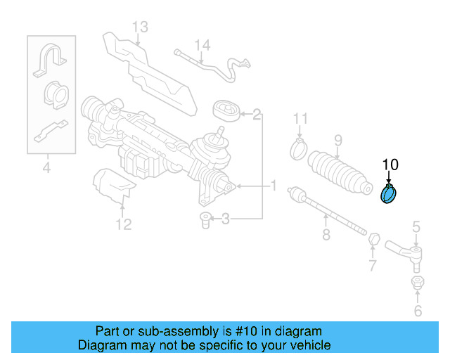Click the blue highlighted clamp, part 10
(x=389, y=193)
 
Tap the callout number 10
(x=390, y=165)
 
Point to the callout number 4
(x=46, y=167)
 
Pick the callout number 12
(x=123, y=225)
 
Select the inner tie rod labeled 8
(x=328, y=210)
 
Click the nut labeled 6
(x=416, y=283)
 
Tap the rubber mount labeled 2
(x=226, y=112)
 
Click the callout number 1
(x=274, y=186)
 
